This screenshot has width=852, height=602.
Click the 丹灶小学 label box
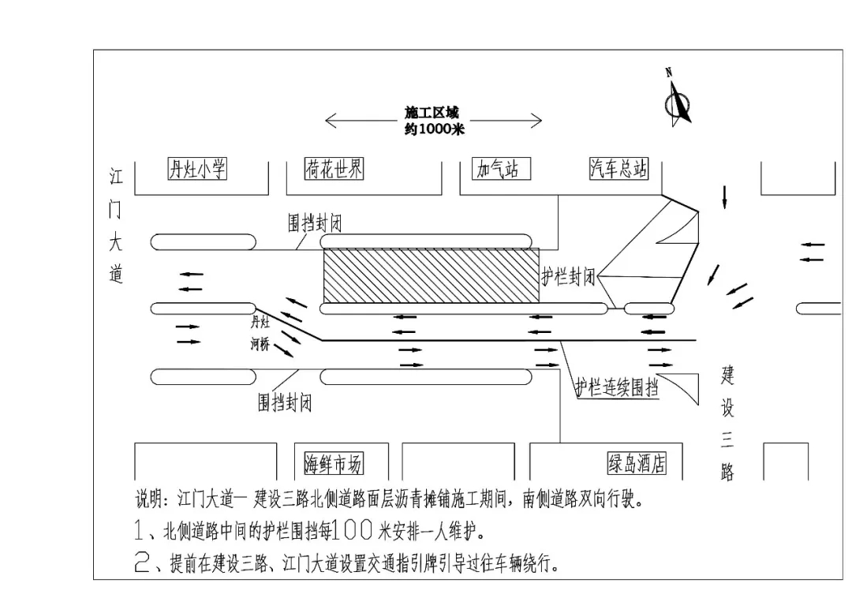(x=197, y=169)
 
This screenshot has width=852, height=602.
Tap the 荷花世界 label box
(x=334, y=168)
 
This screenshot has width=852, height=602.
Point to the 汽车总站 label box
(x=619, y=168)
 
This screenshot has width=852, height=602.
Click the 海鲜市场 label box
(x=334, y=464)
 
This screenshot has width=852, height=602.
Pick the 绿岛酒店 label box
(x=637, y=463)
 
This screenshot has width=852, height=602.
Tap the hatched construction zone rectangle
(x=432, y=275)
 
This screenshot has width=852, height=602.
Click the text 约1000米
(x=434, y=129)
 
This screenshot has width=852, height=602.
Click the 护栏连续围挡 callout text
(x=616, y=387)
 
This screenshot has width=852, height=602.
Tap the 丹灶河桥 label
(x=260, y=333)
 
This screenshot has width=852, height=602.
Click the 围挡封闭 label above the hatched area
(x=315, y=224)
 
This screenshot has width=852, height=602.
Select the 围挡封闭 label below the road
(x=285, y=403)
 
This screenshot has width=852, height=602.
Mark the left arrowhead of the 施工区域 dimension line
(x=328, y=121)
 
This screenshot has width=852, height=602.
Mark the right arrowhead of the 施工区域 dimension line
(x=539, y=121)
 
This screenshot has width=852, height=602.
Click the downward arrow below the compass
(x=724, y=198)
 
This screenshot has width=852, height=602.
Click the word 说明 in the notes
(x=151, y=499)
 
